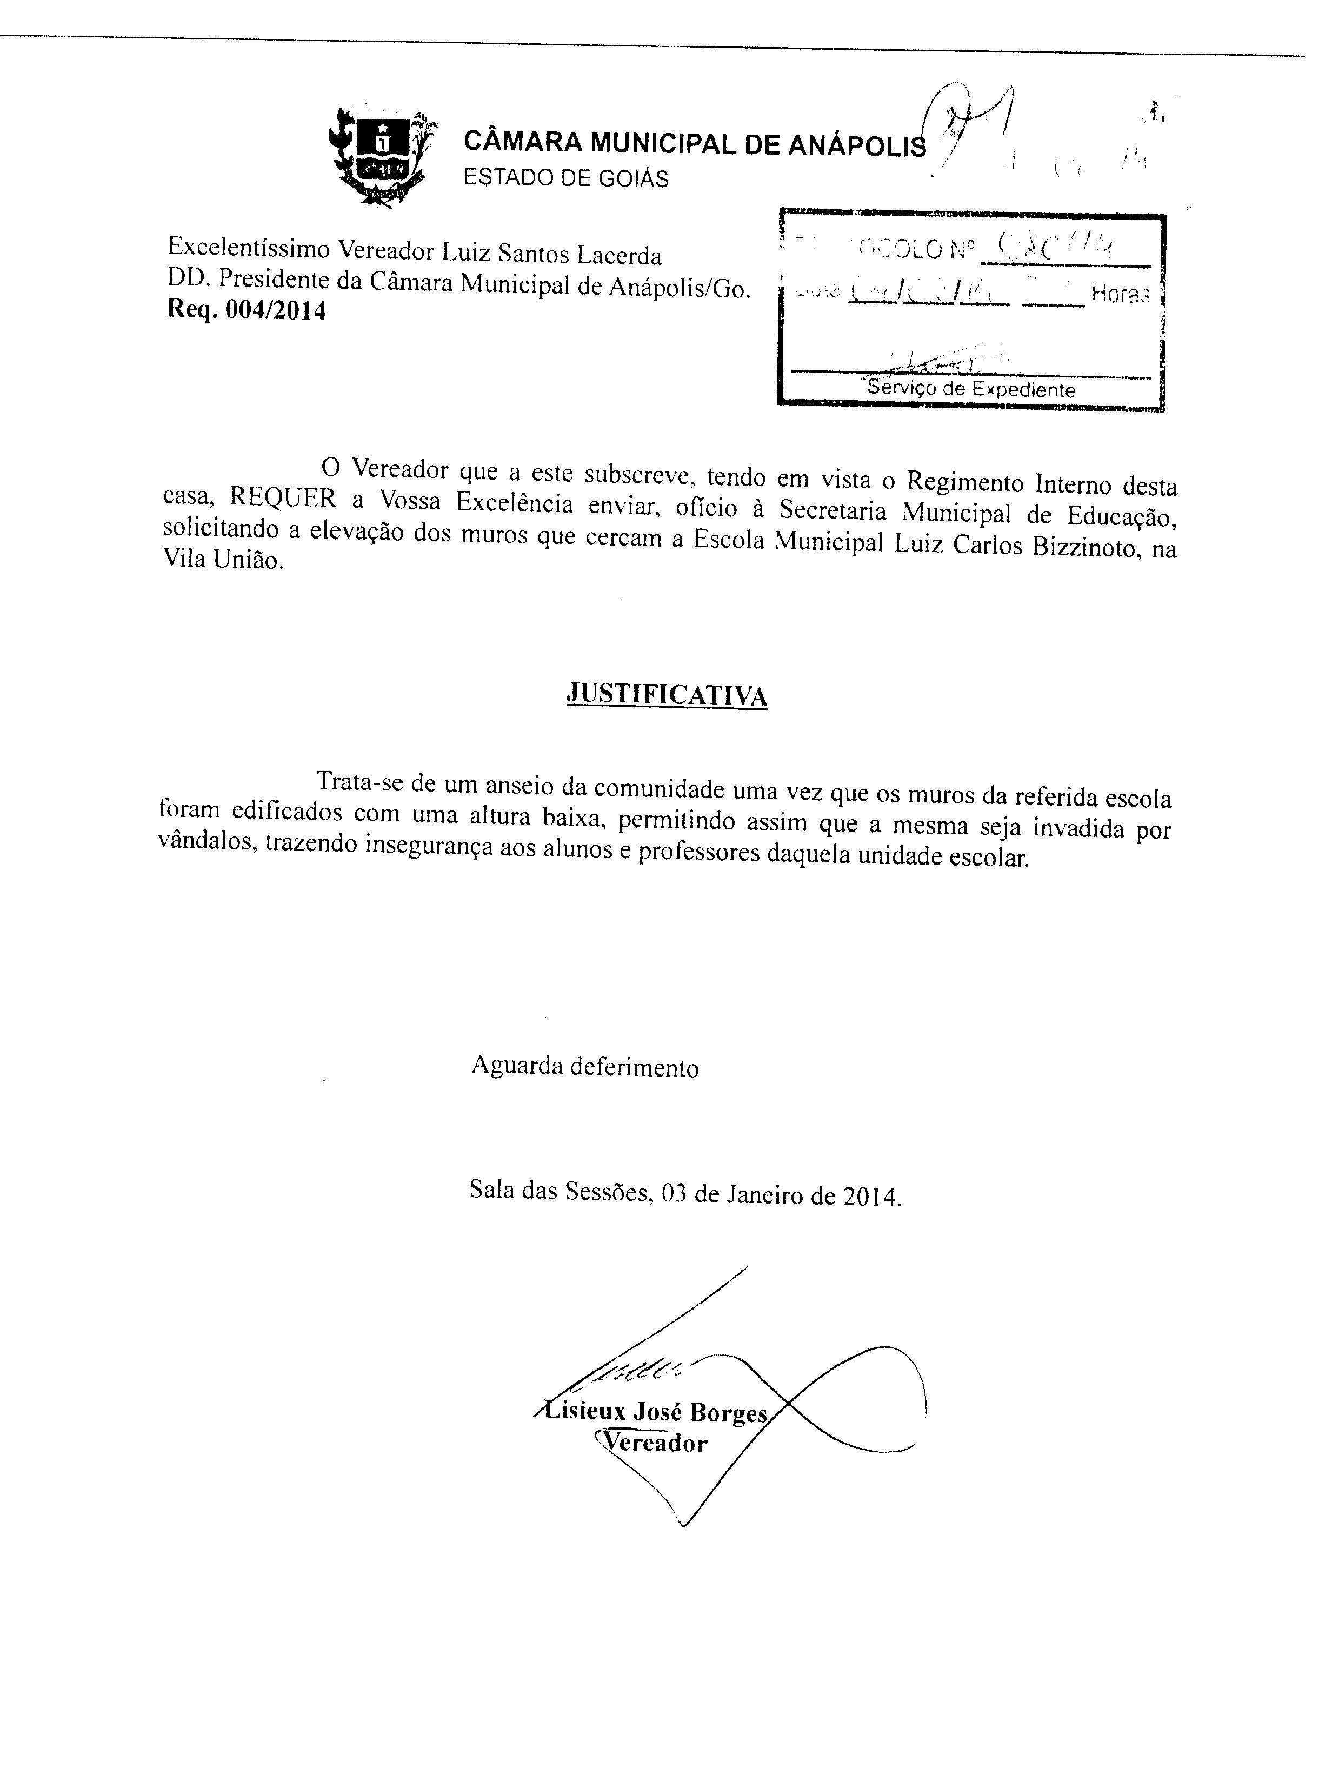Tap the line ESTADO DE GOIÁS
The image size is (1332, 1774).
(565, 178)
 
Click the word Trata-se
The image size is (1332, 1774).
(361, 781)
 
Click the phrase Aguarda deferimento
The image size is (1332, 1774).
(584, 1067)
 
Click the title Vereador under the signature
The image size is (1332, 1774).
(654, 1443)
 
